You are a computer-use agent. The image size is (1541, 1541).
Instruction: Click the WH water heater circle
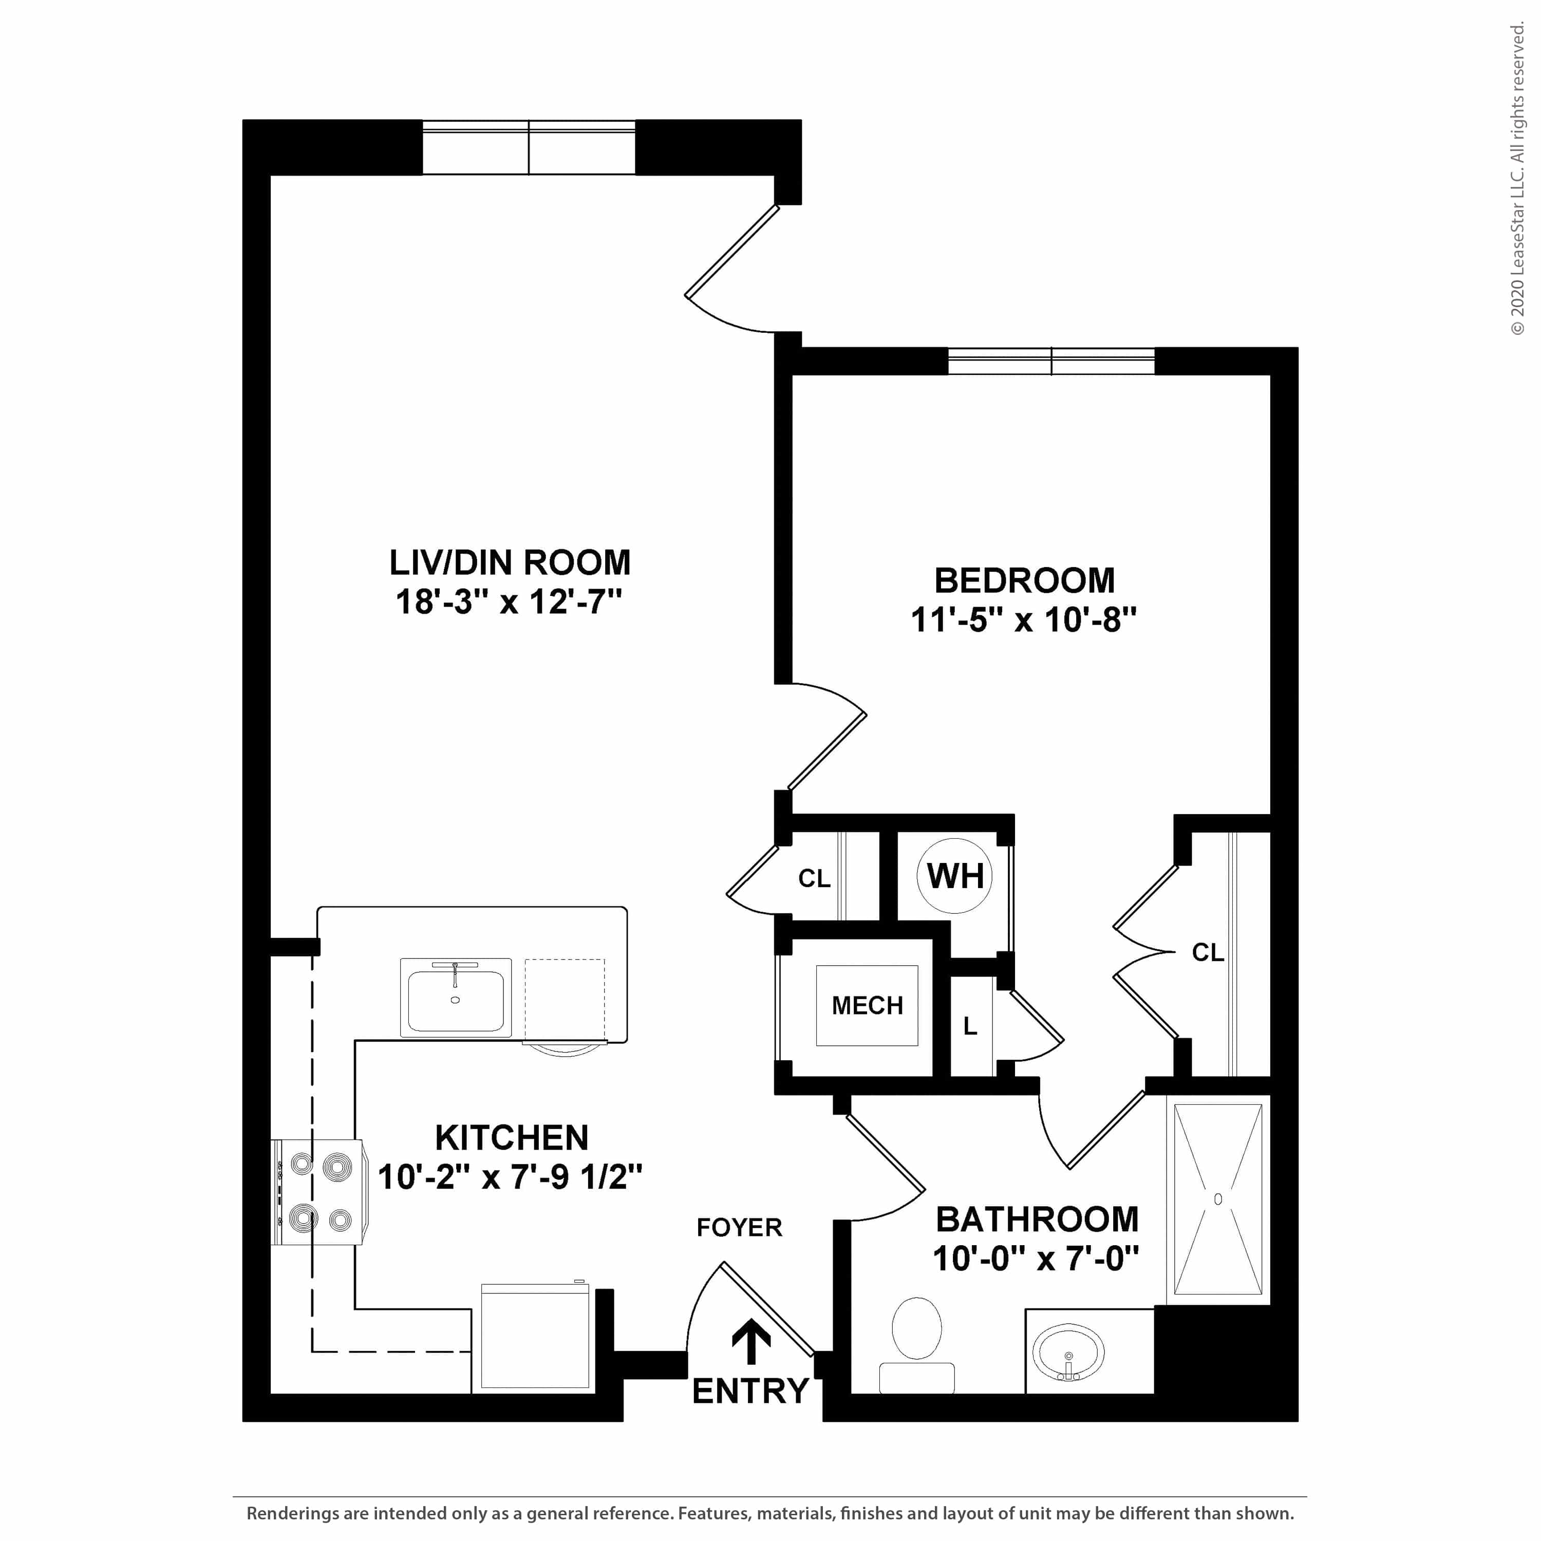[x=955, y=876]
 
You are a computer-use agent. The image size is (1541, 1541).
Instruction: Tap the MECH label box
[x=867, y=1005]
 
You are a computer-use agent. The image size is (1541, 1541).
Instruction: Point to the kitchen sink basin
[x=456, y=1000]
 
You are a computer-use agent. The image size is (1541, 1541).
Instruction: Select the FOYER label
[x=739, y=1228]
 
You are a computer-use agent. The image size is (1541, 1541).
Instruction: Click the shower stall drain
[x=1218, y=1199]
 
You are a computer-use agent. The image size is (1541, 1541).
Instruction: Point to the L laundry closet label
[x=970, y=1026]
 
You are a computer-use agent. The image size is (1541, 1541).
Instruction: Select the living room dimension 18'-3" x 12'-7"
[x=509, y=602]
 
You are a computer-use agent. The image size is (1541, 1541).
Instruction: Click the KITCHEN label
[x=511, y=1137]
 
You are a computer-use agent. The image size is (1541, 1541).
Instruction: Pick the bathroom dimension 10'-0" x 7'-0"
[x=1036, y=1260]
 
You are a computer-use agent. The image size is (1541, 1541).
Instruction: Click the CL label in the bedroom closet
[x=1208, y=952]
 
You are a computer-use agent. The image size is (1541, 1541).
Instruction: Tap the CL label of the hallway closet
[x=814, y=878]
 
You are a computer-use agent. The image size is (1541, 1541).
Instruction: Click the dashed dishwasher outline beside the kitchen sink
[x=564, y=1000]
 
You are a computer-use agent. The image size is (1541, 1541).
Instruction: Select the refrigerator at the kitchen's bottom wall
[x=535, y=1336]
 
